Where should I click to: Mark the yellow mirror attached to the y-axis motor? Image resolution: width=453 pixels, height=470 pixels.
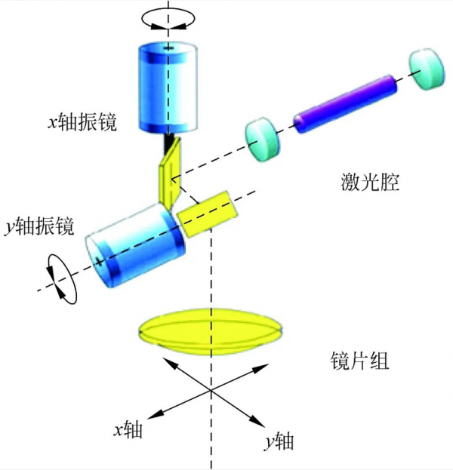click(x=205, y=213)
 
